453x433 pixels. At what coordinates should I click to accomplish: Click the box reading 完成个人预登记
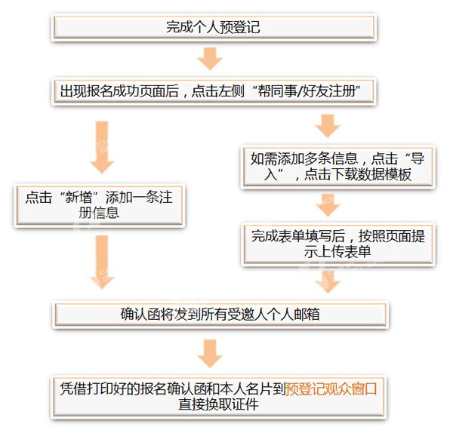point(214,27)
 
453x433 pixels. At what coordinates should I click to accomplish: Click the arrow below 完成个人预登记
point(210,59)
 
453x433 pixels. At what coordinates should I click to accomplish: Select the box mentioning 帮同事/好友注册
point(214,91)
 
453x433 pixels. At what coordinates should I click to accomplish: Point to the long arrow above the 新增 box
point(102,147)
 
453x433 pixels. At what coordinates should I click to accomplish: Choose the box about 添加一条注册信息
point(99,205)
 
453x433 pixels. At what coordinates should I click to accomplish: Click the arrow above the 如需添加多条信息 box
point(328,126)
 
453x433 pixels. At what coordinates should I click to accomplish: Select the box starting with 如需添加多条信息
point(338,167)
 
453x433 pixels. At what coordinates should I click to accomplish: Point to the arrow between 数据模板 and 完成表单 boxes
point(328,204)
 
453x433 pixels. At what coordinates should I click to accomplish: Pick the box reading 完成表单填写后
point(338,244)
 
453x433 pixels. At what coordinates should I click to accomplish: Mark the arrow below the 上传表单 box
point(328,281)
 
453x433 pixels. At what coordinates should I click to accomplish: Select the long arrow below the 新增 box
point(102,262)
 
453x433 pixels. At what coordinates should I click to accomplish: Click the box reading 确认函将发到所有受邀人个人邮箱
point(220,315)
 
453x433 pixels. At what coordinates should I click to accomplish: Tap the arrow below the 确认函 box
point(210,353)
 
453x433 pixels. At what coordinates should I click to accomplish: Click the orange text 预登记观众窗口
point(331,388)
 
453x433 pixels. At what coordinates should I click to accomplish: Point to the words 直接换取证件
point(218,404)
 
